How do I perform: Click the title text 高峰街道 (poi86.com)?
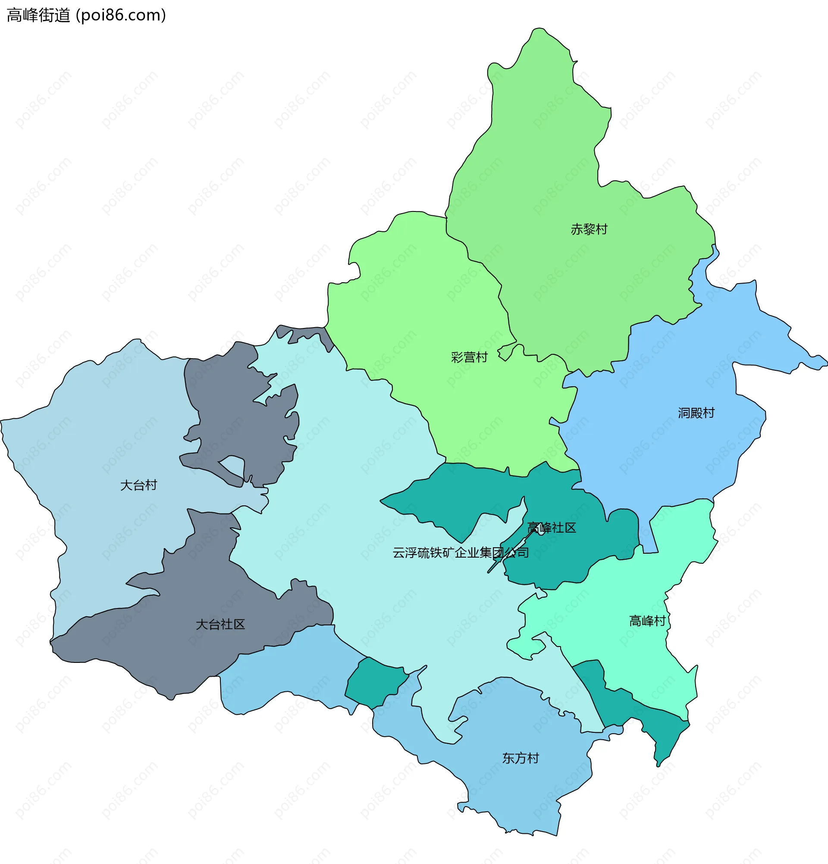[x=86, y=15]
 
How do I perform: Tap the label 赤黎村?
[x=589, y=229]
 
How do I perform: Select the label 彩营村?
[x=469, y=357]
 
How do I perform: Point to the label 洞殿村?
[x=696, y=413]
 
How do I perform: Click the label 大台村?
[x=138, y=486]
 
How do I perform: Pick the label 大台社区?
[x=220, y=624]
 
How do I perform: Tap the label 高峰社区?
[x=552, y=528]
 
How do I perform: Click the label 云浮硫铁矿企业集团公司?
[x=460, y=553]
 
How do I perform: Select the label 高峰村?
[x=647, y=621]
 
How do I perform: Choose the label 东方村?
[x=521, y=758]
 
